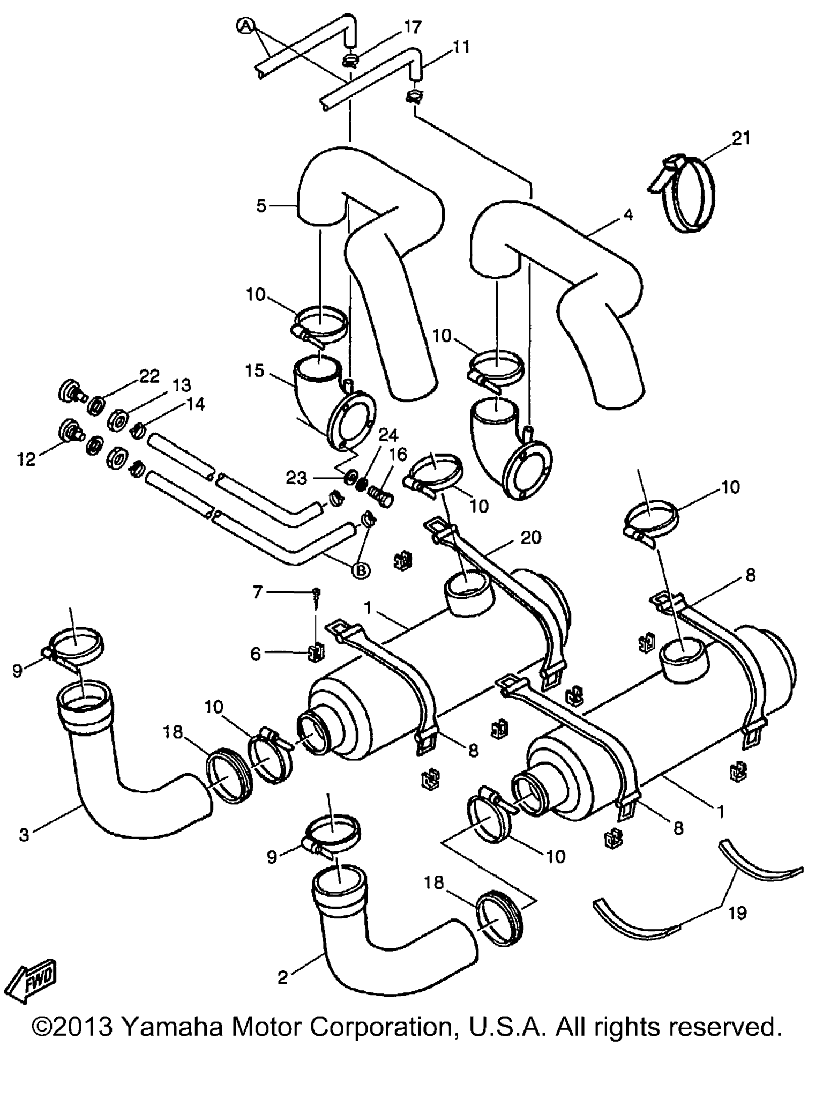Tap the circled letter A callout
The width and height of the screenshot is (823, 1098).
245,25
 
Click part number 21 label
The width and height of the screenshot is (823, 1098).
742,138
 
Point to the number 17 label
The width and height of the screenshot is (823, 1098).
413,27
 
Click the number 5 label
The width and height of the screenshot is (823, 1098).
261,206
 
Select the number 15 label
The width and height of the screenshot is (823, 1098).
255,370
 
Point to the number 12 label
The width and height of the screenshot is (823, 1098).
26,459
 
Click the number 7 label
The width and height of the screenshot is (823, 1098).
258,592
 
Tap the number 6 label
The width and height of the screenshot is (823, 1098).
256,654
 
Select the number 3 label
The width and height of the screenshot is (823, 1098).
24,835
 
